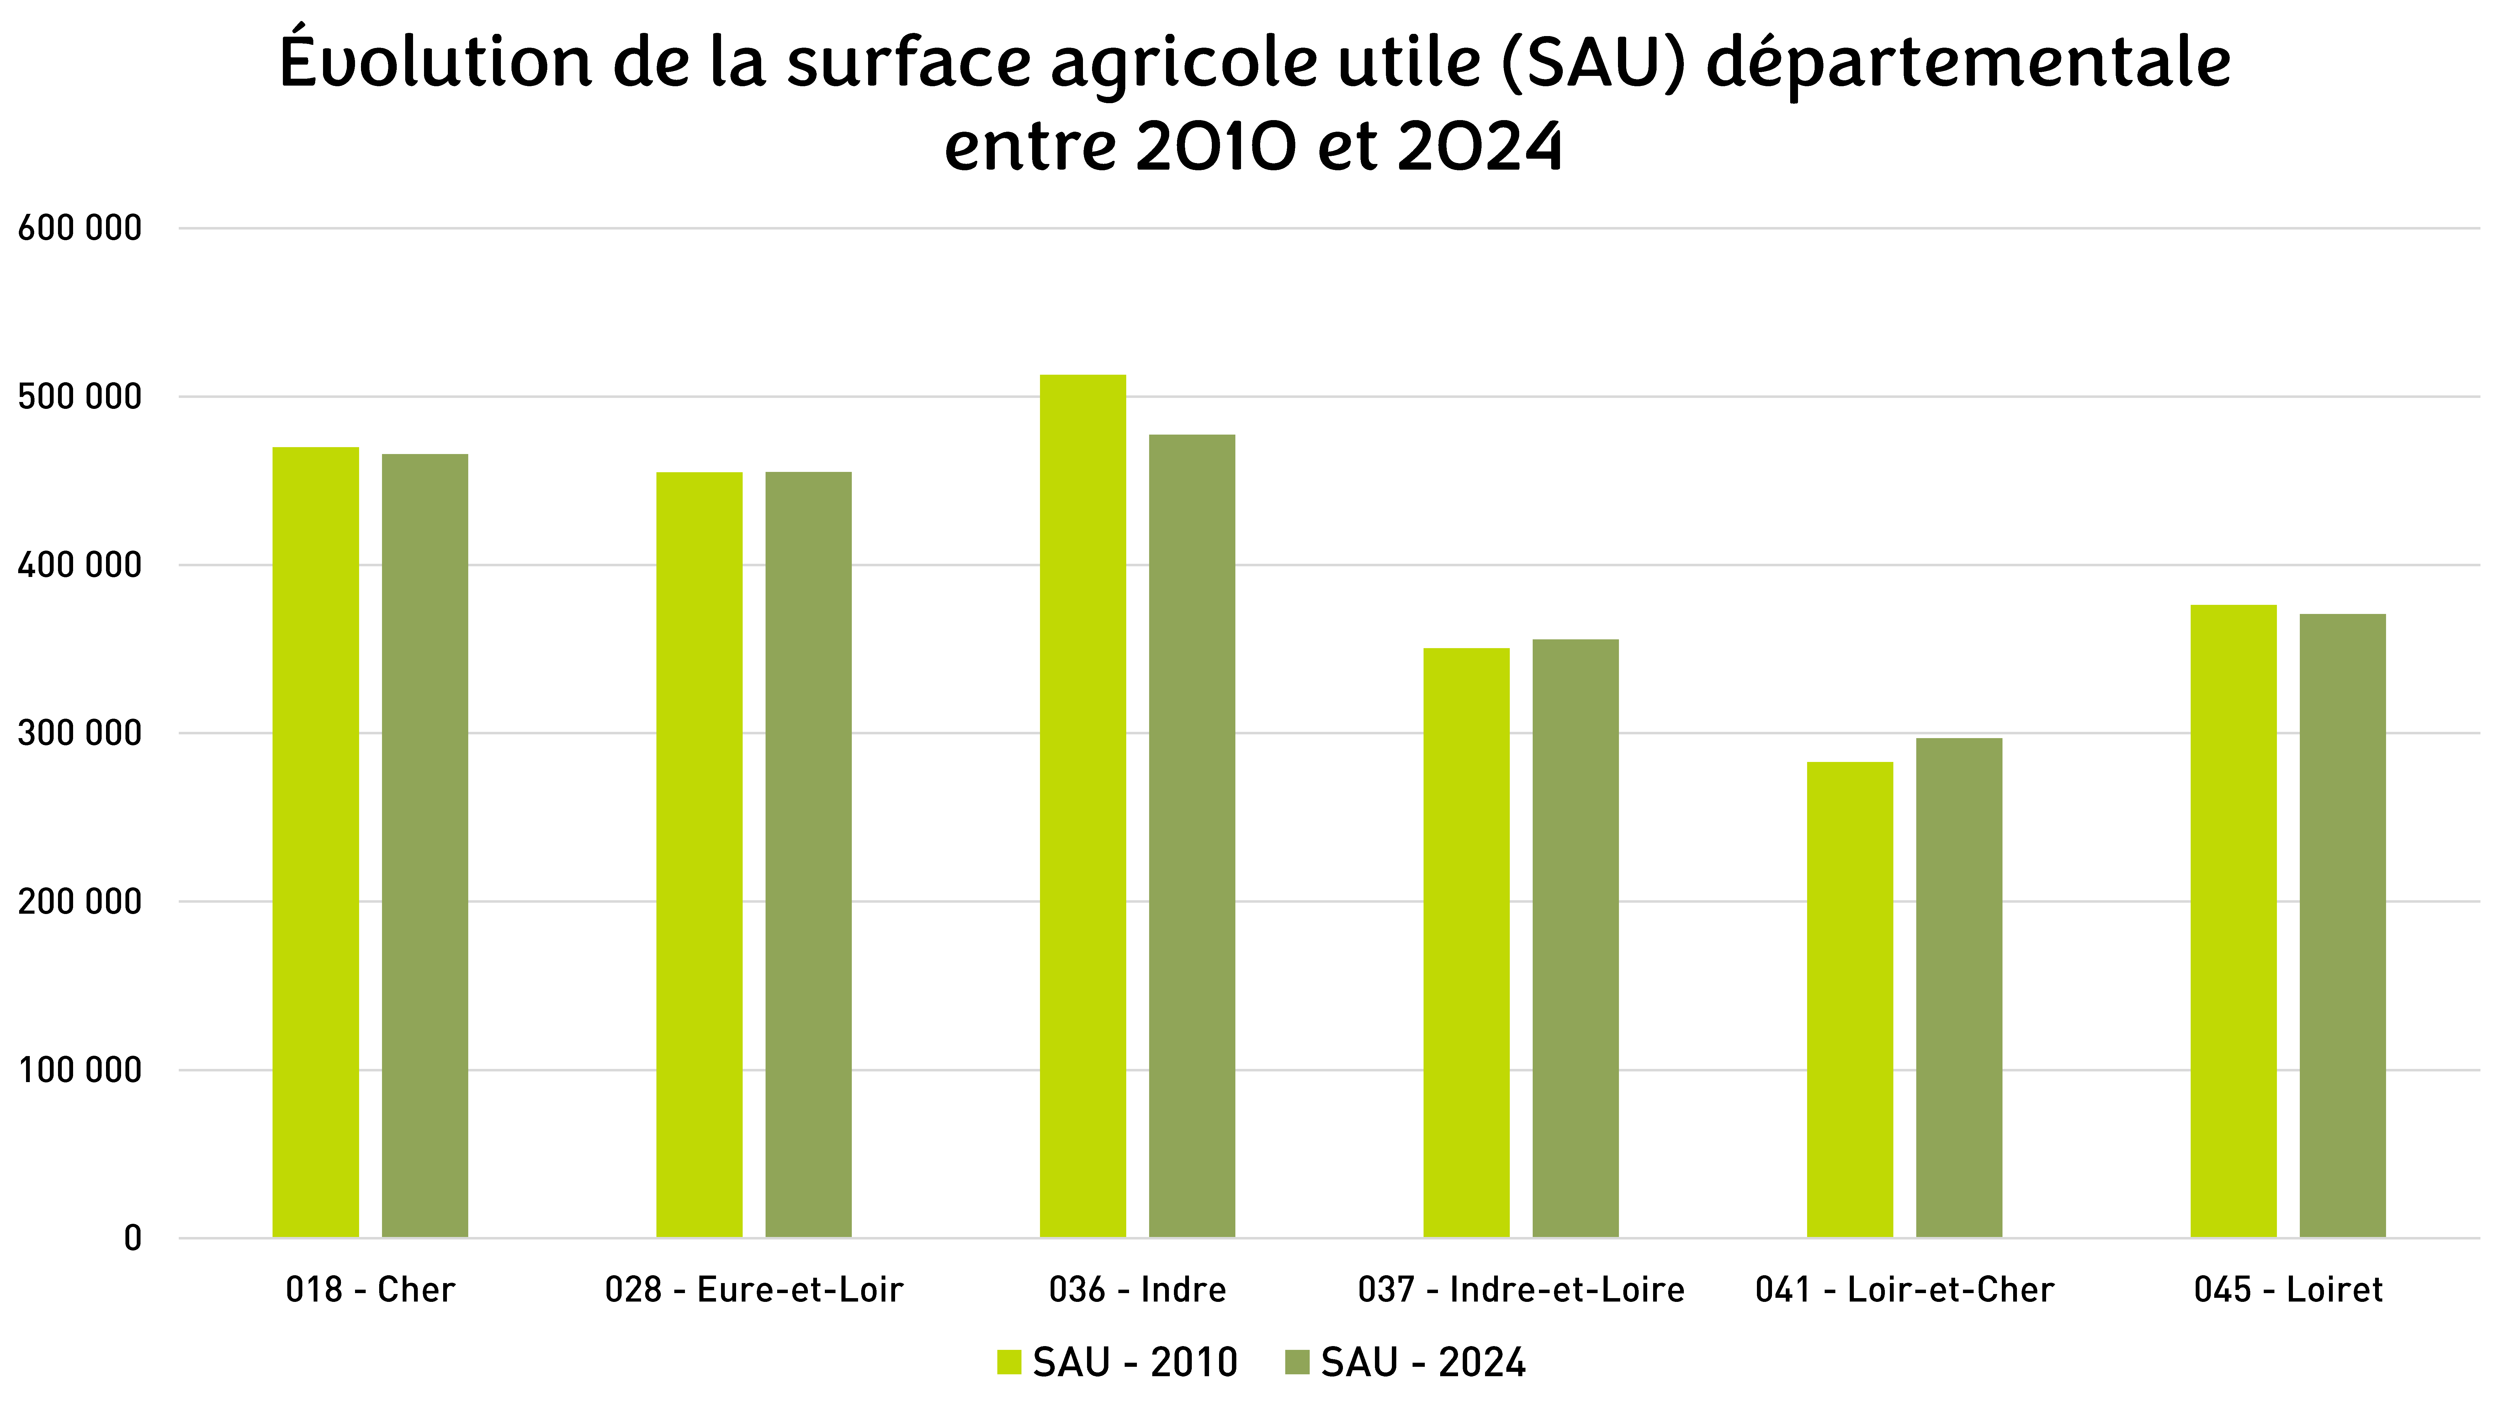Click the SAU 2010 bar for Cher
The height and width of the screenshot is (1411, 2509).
tap(316, 842)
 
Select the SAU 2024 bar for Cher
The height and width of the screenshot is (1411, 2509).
tap(425, 845)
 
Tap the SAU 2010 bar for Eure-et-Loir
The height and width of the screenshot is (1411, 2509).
tap(699, 855)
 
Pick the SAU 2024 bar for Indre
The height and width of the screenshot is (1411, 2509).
tap(1192, 836)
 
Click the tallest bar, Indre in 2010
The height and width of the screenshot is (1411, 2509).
tap(1083, 806)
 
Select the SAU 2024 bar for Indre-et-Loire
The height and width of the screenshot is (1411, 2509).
tap(1576, 939)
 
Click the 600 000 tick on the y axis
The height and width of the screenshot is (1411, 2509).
tap(80, 229)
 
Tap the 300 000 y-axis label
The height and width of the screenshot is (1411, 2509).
tap(80, 733)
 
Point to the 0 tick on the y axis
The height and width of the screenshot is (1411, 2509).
tap(132, 1239)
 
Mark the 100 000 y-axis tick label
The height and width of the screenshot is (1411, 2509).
tap(80, 1070)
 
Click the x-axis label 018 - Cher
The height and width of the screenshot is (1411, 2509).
tap(370, 1290)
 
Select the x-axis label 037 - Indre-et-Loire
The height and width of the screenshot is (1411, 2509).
tap(1521, 1290)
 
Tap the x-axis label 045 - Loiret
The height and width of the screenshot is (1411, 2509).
tap(2289, 1290)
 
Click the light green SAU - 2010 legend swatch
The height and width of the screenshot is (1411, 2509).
tap(1009, 1362)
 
